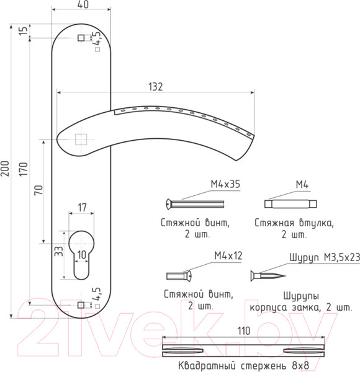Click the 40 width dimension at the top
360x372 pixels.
click(x=83, y=4)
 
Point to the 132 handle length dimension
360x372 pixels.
click(x=156, y=87)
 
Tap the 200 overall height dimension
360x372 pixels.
click(x=5, y=169)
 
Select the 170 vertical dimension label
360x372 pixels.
click(x=24, y=169)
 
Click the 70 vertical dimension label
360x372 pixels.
click(x=39, y=190)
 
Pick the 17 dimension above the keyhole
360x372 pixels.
click(x=82, y=208)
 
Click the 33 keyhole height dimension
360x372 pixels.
click(x=58, y=251)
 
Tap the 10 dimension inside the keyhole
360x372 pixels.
click(x=82, y=255)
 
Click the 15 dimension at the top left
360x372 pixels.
click(x=23, y=31)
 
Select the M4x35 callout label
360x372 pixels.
click(x=225, y=184)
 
